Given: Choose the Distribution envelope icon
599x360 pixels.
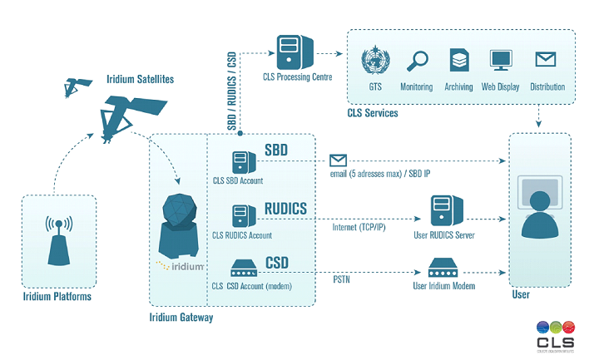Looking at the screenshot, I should tap(545, 60).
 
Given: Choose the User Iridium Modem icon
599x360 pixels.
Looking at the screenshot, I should tap(442, 269).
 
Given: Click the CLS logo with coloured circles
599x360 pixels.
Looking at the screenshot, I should tap(555, 334).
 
